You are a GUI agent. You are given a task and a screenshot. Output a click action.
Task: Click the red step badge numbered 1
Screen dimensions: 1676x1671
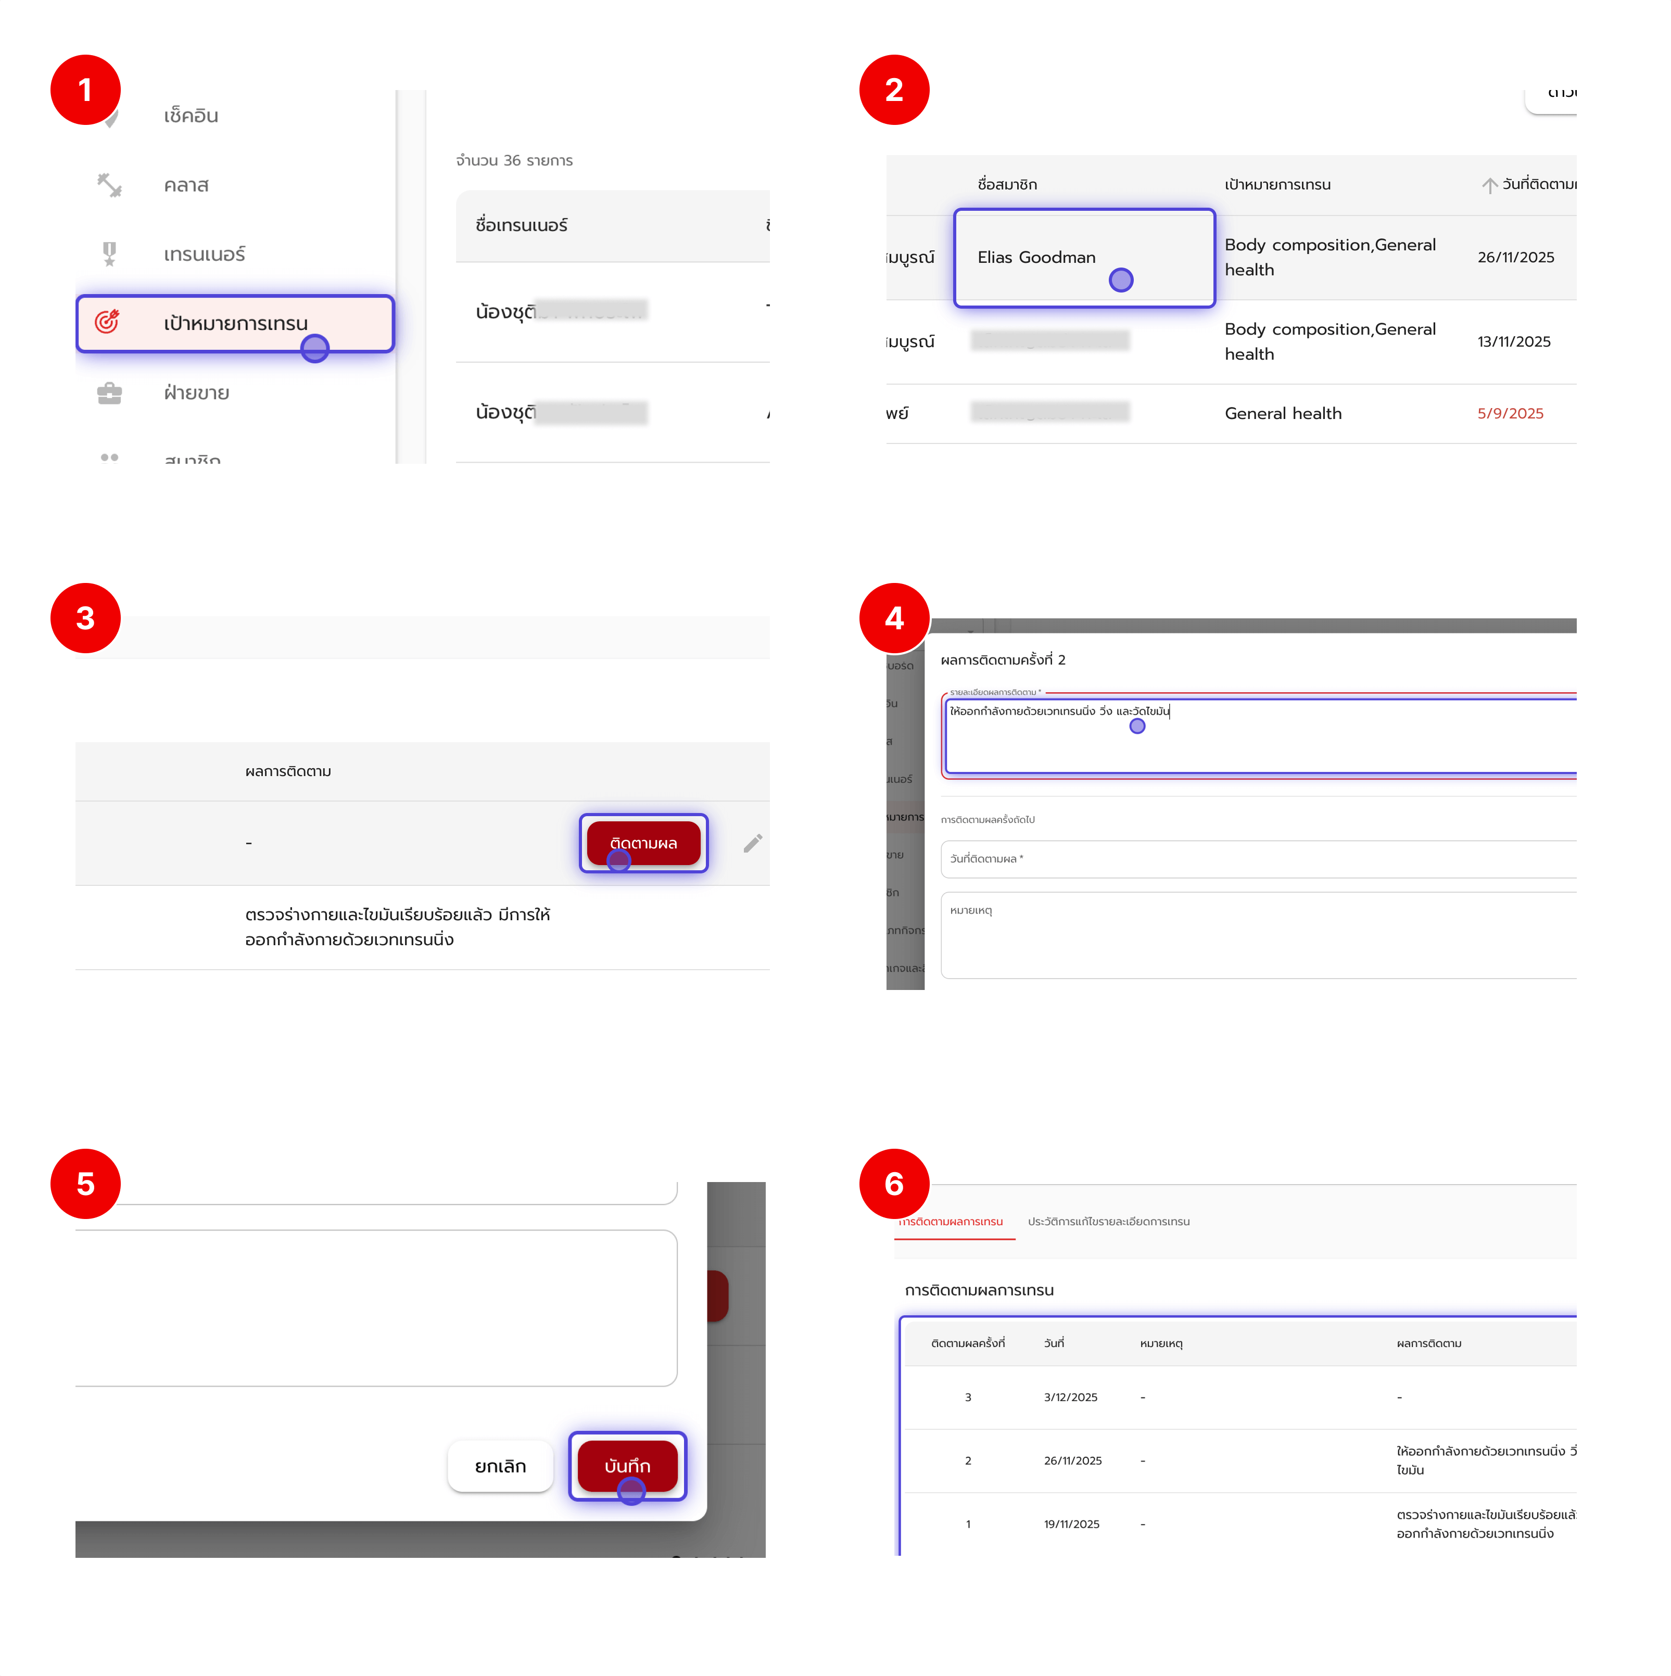click(x=85, y=90)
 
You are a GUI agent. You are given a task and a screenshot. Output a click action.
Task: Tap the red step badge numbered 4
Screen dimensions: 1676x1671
click(x=894, y=618)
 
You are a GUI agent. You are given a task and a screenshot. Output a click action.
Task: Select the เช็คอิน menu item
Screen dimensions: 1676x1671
click(x=191, y=116)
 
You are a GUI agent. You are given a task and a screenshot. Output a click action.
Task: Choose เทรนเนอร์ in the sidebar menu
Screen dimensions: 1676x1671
click(x=204, y=254)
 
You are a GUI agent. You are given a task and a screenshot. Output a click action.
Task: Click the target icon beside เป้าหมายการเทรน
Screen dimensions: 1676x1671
click(x=108, y=323)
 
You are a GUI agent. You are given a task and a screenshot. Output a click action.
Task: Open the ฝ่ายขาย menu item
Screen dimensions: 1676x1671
click(x=196, y=393)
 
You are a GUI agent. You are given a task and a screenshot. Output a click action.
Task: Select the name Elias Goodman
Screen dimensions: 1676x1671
click(x=1036, y=258)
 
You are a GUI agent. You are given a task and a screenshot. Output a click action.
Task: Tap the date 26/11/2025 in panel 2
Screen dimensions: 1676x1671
click(x=1515, y=258)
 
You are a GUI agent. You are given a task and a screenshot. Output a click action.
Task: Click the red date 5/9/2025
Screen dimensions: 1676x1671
click(x=1510, y=414)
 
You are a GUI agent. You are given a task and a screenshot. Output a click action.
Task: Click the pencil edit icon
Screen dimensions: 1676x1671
click(x=752, y=843)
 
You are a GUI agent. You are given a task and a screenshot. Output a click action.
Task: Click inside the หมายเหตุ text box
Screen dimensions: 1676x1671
click(x=1258, y=937)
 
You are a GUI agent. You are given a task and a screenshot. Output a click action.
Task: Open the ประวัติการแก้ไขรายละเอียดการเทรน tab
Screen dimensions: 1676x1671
click(x=1108, y=1222)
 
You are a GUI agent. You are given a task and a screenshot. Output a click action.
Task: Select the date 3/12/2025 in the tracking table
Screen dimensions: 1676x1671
click(x=1070, y=1398)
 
